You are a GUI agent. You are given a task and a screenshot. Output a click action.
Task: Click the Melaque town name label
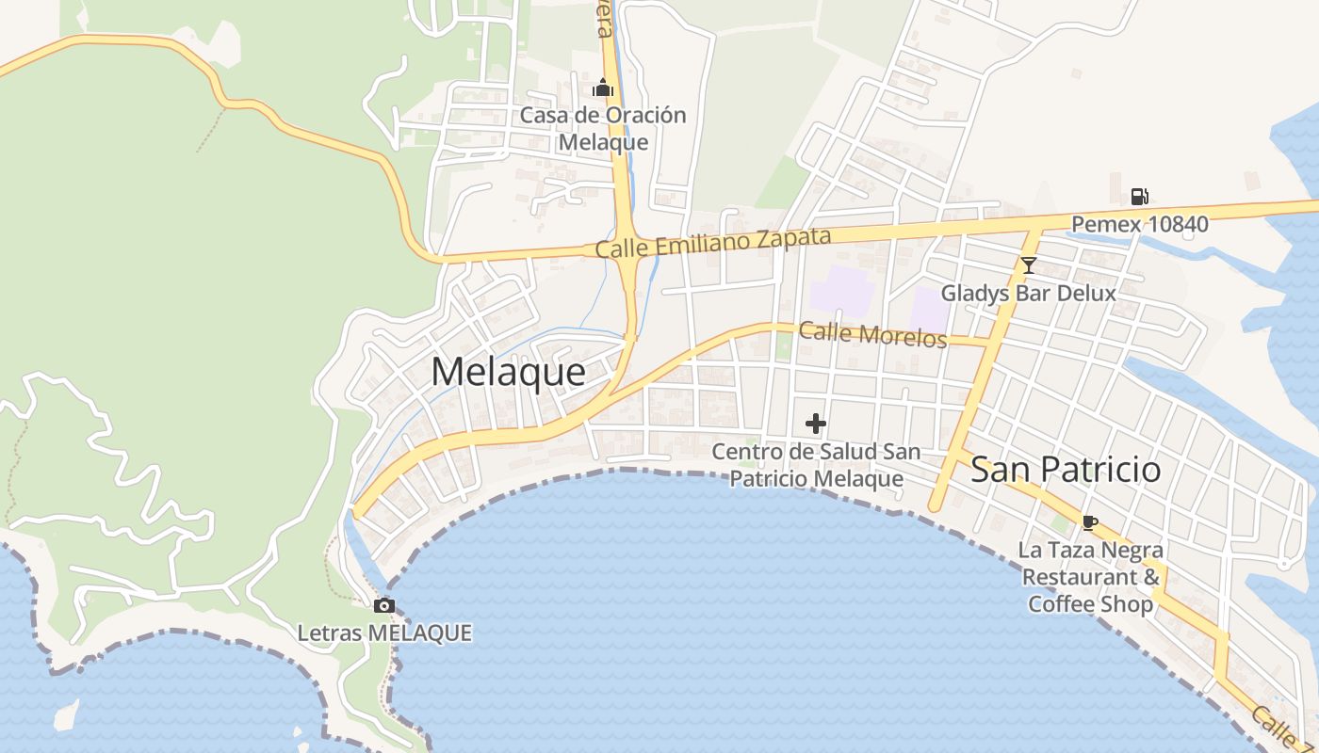pyautogui.click(x=508, y=372)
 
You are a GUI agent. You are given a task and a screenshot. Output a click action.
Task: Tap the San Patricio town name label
pyautogui.click(x=1066, y=469)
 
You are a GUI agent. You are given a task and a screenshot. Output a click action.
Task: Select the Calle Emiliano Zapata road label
pyautogui.click(x=713, y=242)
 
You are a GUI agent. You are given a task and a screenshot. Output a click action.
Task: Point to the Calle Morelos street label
pyautogui.click(x=872, y=333)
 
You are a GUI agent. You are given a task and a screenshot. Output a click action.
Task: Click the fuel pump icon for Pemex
pyautogui.click(x=1139, y=197)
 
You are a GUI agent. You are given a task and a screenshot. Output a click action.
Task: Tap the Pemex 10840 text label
pyautogui.click(x=1140, y=224)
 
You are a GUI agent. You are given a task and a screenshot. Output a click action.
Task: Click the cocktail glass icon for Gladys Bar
pyautogui.click(x=1029, y=265)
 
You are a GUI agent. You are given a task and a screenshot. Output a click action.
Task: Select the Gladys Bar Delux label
pyautogui.click(x=1029, y=293)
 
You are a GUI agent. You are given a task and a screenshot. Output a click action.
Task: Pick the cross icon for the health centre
pyautogui.click(x=816, y=424)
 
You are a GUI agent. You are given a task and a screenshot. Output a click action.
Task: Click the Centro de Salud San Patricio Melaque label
pyautogui.click(x=816, y=465)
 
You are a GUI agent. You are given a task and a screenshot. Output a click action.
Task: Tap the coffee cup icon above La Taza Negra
pyautogui.click(x=1090, y=523)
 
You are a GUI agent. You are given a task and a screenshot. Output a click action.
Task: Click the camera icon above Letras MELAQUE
pyautogui.click(x=384, y=605)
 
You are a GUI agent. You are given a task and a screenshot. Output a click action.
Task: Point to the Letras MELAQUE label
pyautogui.click(x=384, y=633)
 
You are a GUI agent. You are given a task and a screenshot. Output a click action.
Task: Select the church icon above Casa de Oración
pyautogui.click(x=603, y=88)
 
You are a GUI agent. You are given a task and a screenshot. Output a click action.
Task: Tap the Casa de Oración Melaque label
pyautogui.click(x=603, y=128)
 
